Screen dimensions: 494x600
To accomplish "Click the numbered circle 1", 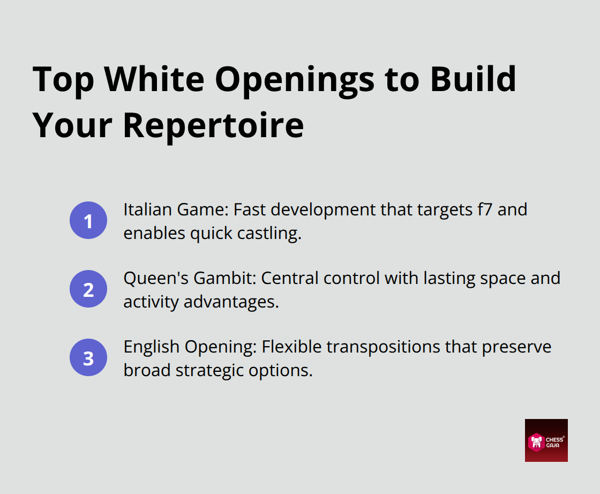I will pyautogui.click(x=88, y=220).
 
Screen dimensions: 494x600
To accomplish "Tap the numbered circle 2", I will pyautogui.click(x=88, y=289).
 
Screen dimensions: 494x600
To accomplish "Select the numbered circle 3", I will pyautogui.click(x=88, y=357).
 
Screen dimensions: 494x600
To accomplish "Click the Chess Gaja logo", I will pyautogui.click(x=546, y=440).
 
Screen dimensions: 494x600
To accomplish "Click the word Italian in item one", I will pyautogui.click(x=143, y=209).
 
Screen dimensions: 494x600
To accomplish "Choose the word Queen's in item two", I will pyautogui.click(x=153, y=278).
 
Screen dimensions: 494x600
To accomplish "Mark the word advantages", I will pyautogui.click(x=231, y=302).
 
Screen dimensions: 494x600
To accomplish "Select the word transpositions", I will pyautogui.click(x=400, y=347).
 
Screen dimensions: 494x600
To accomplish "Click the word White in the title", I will pyautogui.click(x=155, y=79).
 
